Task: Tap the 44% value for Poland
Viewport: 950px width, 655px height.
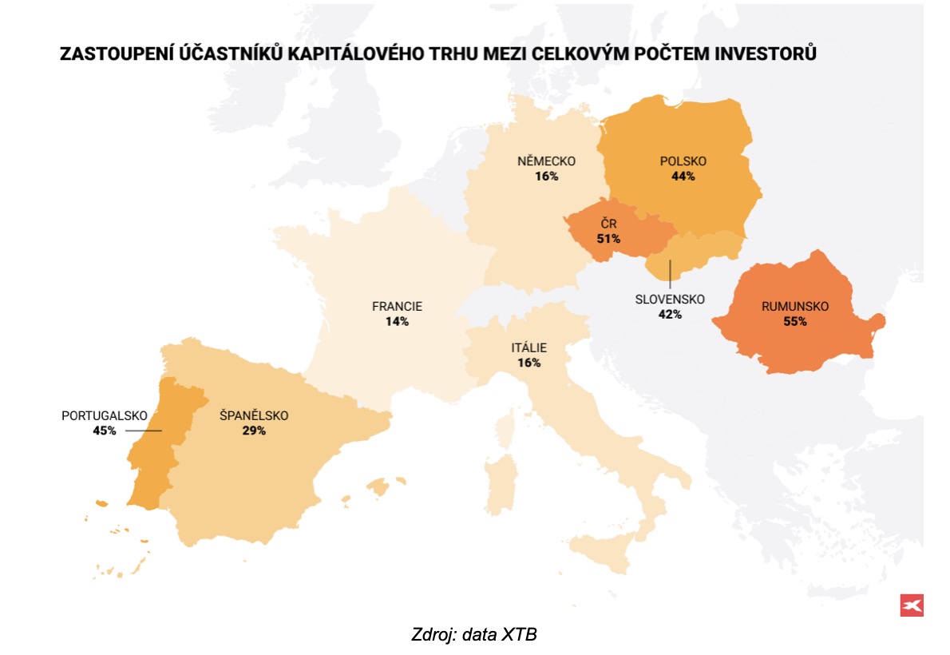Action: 683,177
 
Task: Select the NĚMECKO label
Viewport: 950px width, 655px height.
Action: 546,161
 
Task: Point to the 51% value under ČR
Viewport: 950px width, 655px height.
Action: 608,238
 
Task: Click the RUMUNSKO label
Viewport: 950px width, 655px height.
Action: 795,307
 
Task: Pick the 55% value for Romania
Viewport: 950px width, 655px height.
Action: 795,322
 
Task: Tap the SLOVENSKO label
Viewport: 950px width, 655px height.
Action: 670,300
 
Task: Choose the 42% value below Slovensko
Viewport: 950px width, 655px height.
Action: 670,315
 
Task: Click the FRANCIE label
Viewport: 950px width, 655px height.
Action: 397,306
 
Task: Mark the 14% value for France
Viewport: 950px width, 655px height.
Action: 397,321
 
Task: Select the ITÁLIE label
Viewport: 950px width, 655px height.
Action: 528,347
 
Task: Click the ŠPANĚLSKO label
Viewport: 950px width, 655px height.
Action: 254,415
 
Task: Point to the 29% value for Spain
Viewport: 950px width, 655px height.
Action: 254,431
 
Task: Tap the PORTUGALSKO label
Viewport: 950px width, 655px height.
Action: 105,415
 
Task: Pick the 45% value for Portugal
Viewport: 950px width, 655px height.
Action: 105,431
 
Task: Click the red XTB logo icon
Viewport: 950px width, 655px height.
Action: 911,605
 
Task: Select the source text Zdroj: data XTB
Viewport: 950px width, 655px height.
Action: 474,636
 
